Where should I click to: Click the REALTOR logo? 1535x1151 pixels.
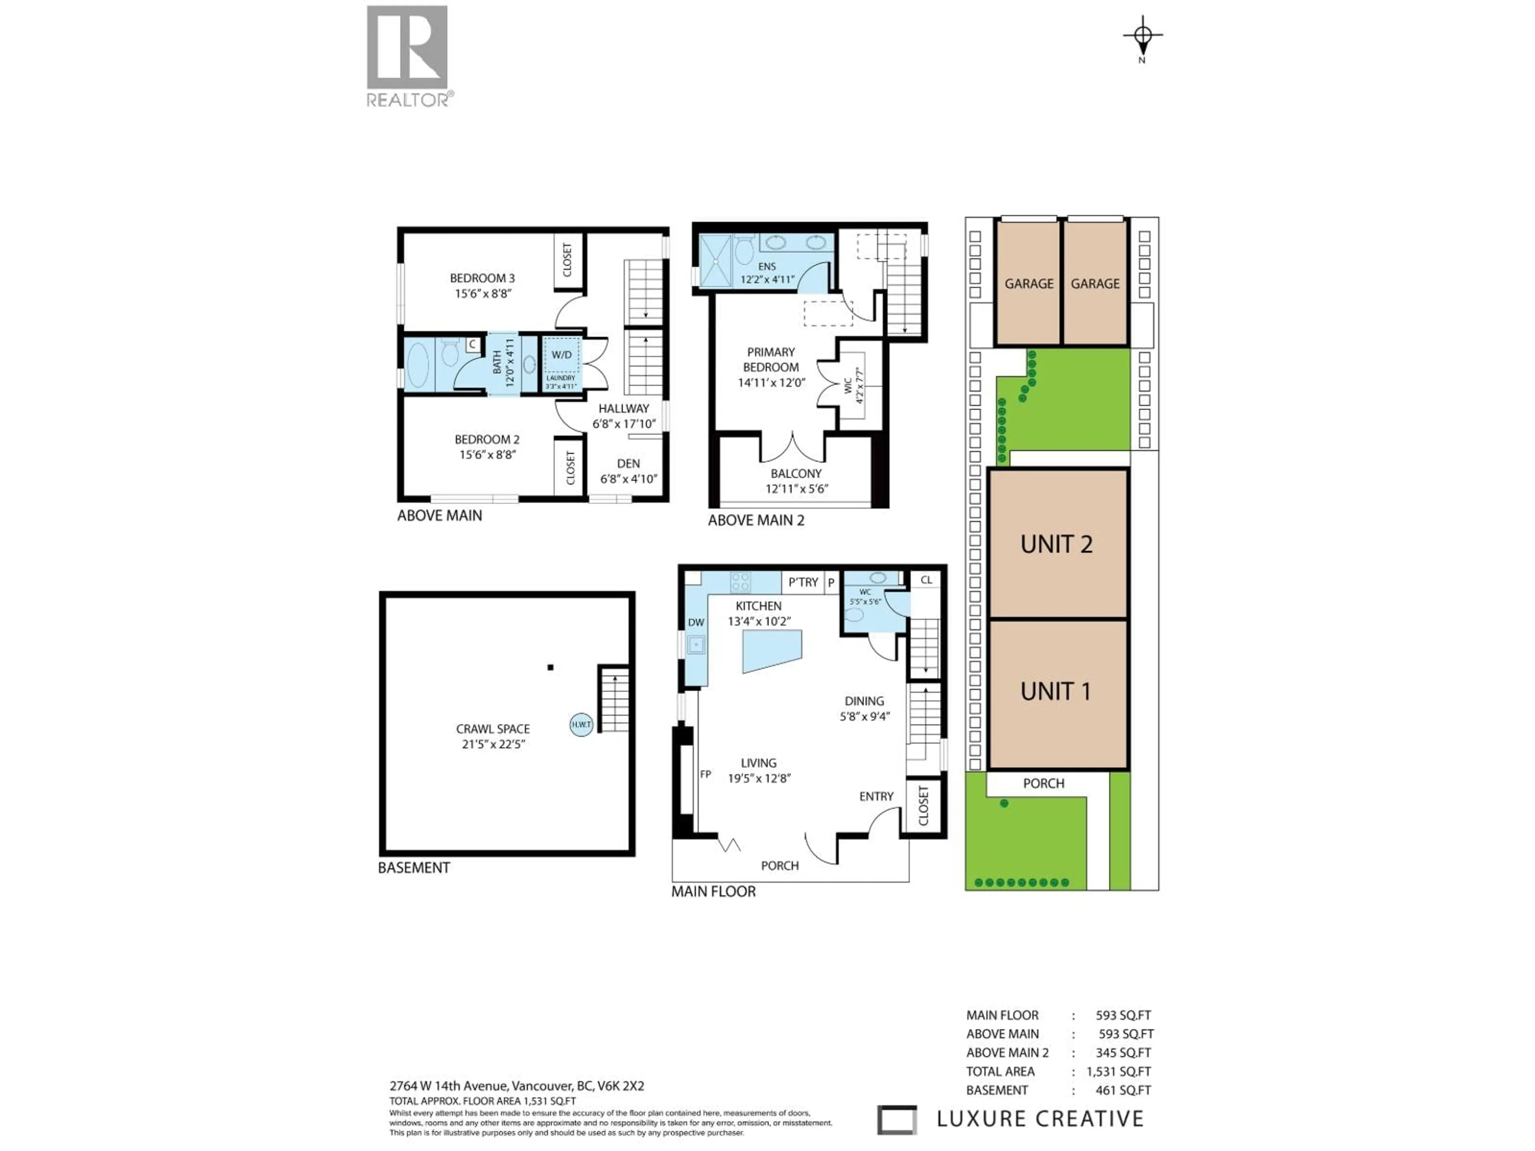click(407, 56)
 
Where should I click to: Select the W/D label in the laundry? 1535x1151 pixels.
click(561, 354)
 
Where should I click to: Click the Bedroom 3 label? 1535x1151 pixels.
click(482, 278)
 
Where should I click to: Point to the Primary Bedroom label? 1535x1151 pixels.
click(770, 359)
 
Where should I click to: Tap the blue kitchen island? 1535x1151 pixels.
click(771, 650)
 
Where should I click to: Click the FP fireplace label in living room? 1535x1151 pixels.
click(705, 774)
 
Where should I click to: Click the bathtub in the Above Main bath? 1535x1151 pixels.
click(417, 364)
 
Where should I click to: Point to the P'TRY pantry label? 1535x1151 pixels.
click(803, 582)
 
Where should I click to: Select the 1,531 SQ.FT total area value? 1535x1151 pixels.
click(1118, 1071)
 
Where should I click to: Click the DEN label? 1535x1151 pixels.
click(628, 464)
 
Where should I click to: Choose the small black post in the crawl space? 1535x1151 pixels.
click(550, 667)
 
